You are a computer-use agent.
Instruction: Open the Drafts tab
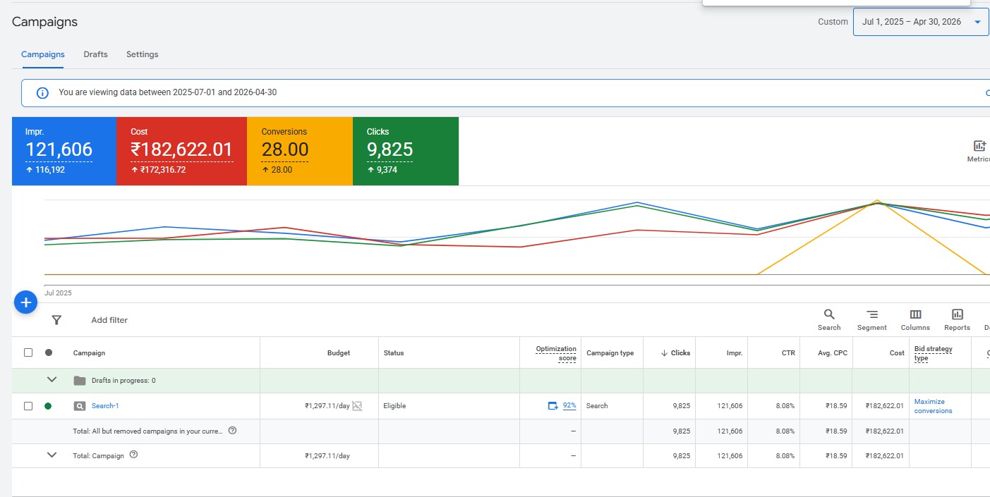pos(95,54)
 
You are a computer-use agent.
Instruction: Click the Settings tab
pos(143,54)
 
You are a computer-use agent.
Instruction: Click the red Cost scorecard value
pos(181,149)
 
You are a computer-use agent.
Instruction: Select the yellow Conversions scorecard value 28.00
pos(285,149)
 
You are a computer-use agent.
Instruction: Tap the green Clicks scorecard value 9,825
pos(390,149)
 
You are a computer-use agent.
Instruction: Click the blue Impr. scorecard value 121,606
pos(59,149)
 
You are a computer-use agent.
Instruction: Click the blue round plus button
pos(25,302)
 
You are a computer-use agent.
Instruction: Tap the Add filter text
pos(109,320)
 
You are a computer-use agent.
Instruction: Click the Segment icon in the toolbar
pos(872,314)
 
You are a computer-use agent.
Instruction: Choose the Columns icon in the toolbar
pos(915,314)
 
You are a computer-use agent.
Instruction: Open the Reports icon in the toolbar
pos(958,314)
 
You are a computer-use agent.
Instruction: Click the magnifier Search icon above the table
pos(829,314)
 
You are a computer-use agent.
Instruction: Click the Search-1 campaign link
pos(105,405)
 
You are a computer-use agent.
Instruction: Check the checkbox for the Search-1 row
pos(28,405)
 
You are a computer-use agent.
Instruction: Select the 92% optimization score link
pos(569,405)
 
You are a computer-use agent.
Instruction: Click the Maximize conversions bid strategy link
pos(933,406)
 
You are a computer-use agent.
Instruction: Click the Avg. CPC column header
pos(833,353)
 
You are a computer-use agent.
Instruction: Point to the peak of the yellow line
pos(877,200)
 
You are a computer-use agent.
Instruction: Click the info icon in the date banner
pos(42,92)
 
